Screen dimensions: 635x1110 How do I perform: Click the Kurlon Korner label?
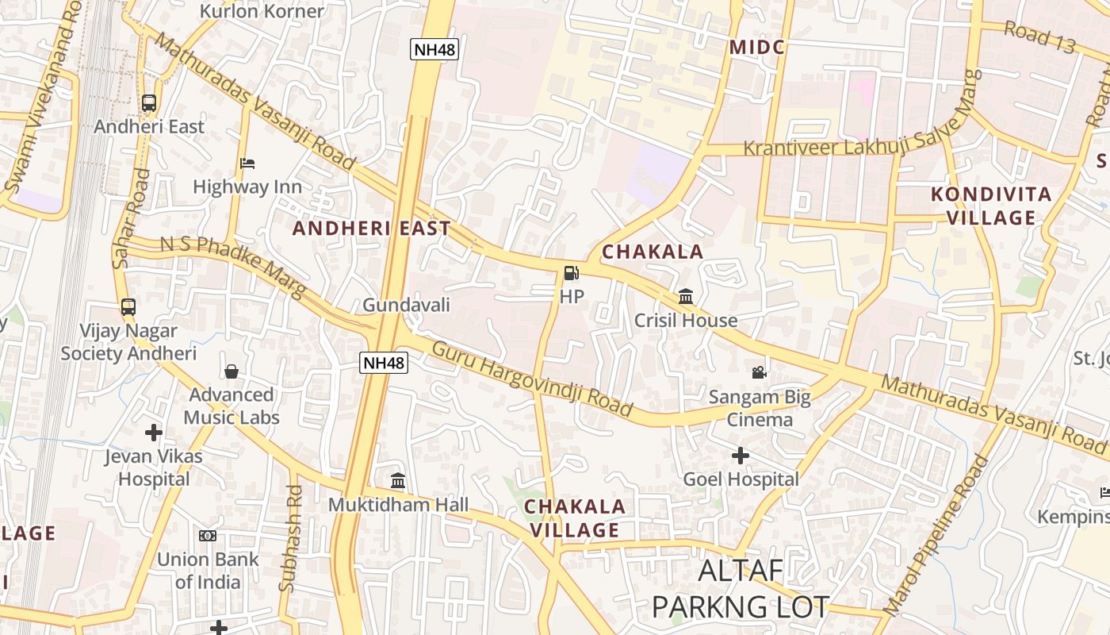(262, 11)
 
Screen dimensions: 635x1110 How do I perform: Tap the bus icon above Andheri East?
(149, 103)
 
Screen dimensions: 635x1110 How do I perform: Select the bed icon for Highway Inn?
(247, 164)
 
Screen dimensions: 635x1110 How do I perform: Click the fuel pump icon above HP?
(571, 274)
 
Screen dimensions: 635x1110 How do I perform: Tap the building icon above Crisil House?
(686, 297)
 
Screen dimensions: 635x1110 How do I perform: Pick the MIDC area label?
(756, 47)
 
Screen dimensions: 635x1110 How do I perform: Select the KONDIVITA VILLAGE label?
(991, 206)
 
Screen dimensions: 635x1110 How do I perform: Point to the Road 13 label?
(1039, 37)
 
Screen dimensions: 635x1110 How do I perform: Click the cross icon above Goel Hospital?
(740, 456)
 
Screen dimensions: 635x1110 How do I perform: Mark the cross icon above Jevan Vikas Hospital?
(154, 433)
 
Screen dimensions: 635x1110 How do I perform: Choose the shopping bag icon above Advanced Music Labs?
(232, 371)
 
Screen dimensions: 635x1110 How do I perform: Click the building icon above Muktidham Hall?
(398, 481)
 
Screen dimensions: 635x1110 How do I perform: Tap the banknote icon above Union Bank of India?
(208, 536)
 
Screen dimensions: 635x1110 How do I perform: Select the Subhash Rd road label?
(290, 538)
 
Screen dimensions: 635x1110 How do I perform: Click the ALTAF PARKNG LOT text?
(740, 588)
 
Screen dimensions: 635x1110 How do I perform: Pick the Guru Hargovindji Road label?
(532, 378)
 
